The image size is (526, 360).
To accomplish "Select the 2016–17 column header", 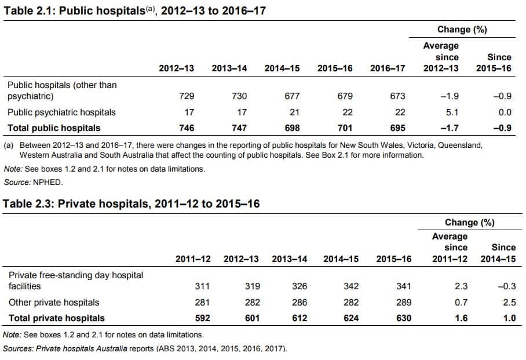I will (388, 68).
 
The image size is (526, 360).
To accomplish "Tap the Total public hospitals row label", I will (53, 128).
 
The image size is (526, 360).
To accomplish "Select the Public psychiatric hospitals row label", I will (61, 112).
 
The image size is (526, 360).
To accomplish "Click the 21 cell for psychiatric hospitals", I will (294, 112).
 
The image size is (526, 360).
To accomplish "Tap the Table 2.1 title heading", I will (134, 10).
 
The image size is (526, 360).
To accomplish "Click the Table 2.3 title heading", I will (131, 204).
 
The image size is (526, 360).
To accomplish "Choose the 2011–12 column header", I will (193, 259).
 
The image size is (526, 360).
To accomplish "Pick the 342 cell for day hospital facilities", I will (350, 286).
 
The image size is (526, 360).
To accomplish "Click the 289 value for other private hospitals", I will (403, 303).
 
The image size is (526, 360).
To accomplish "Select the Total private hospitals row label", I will (56, 318).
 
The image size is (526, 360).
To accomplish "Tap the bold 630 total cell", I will (403, 318).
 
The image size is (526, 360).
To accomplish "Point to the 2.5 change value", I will (509, 303).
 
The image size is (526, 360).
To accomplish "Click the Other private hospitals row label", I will (53, 303).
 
